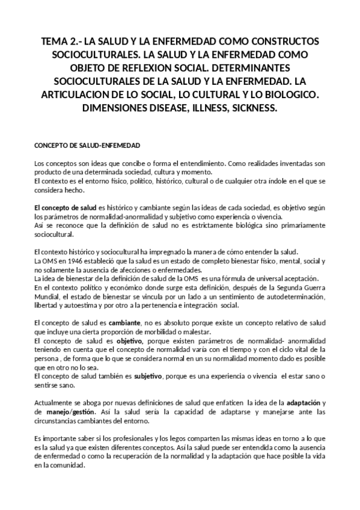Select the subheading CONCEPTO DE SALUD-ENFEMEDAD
point(87,146)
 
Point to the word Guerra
point(314,287)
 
